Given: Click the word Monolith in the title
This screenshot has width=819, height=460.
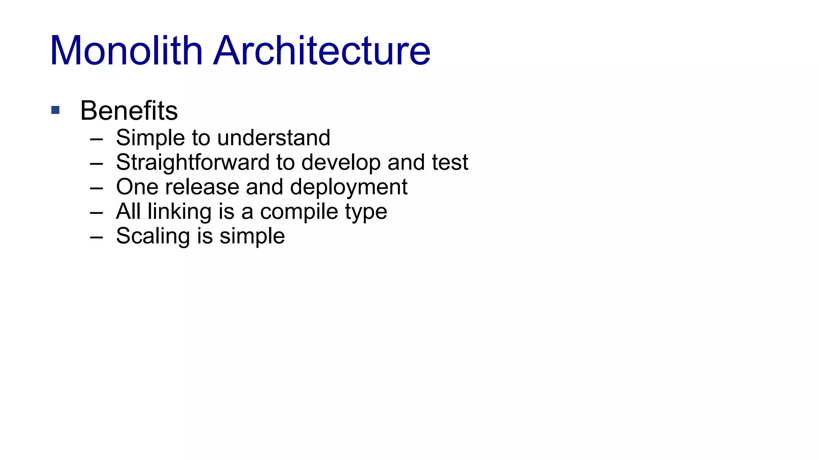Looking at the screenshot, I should click(x=126, y=51).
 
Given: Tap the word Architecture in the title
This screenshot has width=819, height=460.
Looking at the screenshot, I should click(x=322, y=51).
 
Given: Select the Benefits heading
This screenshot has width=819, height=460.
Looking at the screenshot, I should click(x=129, y=111).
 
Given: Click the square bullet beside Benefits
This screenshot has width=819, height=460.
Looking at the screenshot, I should click(x=56, y=110).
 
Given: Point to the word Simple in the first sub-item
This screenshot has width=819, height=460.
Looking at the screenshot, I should click(x=150, y=138).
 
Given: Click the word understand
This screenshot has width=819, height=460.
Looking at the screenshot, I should click(x=274, y=138).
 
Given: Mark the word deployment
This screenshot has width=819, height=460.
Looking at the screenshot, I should click(x=348, y=187).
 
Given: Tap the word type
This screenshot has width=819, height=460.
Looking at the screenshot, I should click(x=366, y=212).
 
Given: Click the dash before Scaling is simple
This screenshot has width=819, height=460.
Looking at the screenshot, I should click(x=96, y=237).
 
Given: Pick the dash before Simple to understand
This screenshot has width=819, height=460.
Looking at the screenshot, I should click(x=96, y=139).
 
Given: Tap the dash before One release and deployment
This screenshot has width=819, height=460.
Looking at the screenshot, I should click(x=96, y=188).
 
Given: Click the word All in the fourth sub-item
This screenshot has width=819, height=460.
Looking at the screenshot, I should click(x=128, y=212).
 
